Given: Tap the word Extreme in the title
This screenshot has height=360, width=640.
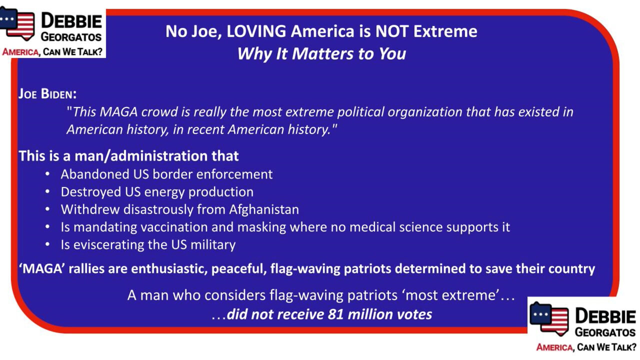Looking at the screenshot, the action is pos(445,31).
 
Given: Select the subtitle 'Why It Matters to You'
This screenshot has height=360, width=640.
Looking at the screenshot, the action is pos(321,53).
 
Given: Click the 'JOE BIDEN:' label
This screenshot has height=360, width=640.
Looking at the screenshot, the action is pos(47,93).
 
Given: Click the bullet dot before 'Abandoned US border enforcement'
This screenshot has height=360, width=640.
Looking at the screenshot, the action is pos(47,174).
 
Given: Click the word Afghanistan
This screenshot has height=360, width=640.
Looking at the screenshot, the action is pos(263,209).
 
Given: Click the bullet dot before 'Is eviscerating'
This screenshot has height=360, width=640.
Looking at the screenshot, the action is pos(47,244).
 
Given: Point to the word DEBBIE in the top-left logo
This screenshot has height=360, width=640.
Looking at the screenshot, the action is pos(71,21).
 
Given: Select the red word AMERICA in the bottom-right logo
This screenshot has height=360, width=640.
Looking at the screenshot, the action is pos(554,347).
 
